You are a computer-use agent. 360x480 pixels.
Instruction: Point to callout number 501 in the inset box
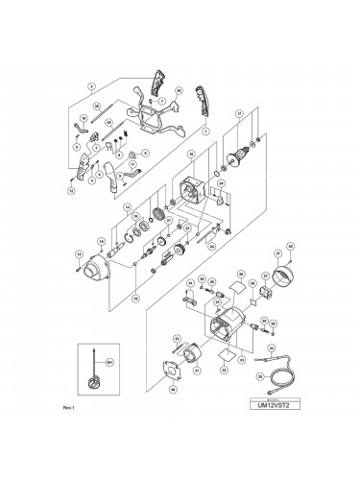pos(108,361)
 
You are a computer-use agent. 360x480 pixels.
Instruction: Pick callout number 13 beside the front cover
pos(78,253)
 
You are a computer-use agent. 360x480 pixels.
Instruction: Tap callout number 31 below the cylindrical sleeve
pos(198,369)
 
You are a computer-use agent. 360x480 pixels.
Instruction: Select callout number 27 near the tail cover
pos(276,254)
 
